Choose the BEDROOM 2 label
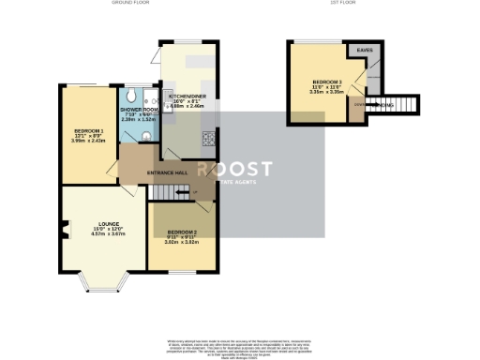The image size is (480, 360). (x=184, y=231)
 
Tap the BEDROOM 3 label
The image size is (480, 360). (x=327, y=82)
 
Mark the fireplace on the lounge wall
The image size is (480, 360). (x=65, y=226)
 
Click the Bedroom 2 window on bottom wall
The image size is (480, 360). (x=184, y=272)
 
